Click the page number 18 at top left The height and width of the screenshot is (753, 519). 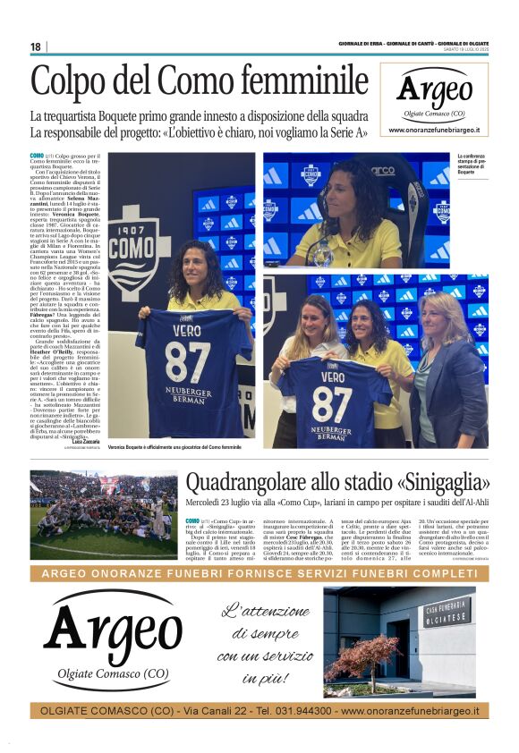(35, 47)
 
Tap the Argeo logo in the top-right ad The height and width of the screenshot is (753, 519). (434, 89)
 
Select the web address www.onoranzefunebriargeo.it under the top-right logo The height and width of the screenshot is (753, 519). (434, 130)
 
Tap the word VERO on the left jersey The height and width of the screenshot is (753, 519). (191, 327)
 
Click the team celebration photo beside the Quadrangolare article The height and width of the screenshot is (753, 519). (104, 514)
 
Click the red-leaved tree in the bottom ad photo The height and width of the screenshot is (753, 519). (362, 657)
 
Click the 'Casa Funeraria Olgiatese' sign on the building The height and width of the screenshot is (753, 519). (447, 613)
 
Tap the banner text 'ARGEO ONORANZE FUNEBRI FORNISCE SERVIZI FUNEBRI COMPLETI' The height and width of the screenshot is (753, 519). (259, 573)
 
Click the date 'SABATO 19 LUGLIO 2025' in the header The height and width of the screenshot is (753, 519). (460, 49)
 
